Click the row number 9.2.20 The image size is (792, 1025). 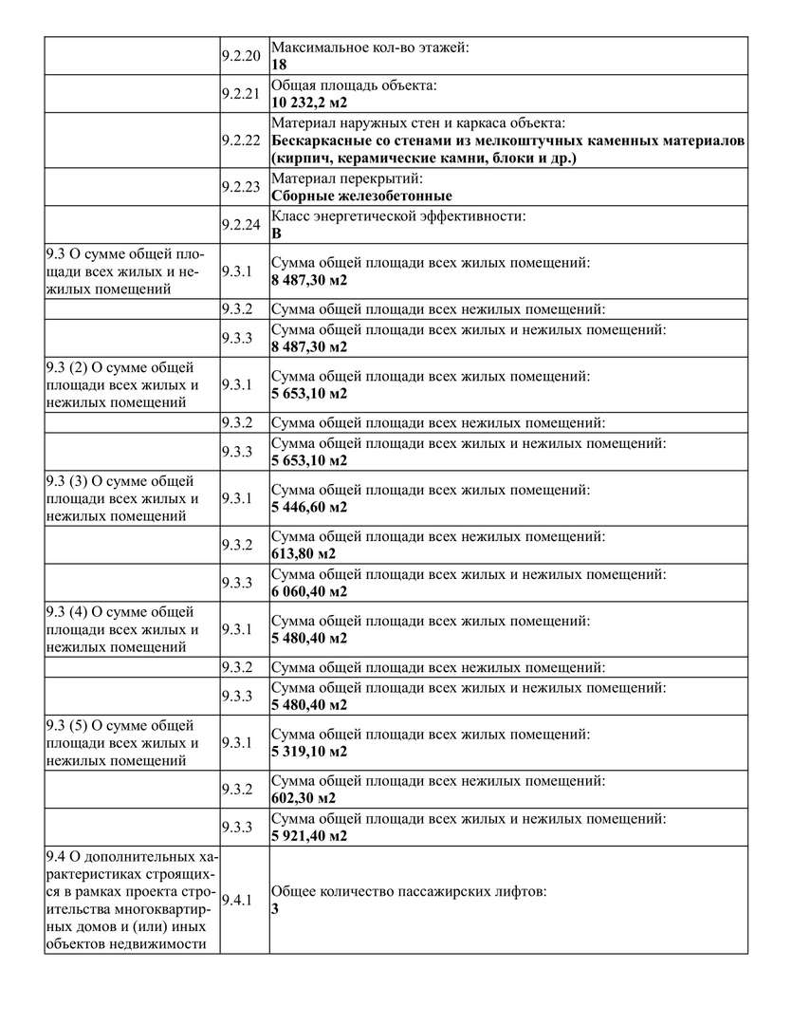tap(240, 55)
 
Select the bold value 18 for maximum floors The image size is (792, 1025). tap(278, 65)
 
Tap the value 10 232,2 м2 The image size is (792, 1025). tap(309, 102)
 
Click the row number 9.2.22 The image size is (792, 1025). tap(240, 140)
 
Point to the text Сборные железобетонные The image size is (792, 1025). tap(361, 196)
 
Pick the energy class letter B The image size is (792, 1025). tap(276, 233)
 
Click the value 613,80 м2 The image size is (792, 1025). tap(304, 553)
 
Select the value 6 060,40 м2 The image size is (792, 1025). tap(309, 591)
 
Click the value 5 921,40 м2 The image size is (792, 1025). tap(309, 836)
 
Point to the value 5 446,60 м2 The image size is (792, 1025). tap(309, 507)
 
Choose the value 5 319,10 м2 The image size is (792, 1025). tap(309, 752)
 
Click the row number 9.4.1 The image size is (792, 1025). tap(236, 900)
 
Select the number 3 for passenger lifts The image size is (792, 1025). tap(275, 909)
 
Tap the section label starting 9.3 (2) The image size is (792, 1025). tap(122, 385)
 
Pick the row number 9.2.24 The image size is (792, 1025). tap(240, 225)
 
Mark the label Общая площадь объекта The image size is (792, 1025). tap(354, 85)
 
